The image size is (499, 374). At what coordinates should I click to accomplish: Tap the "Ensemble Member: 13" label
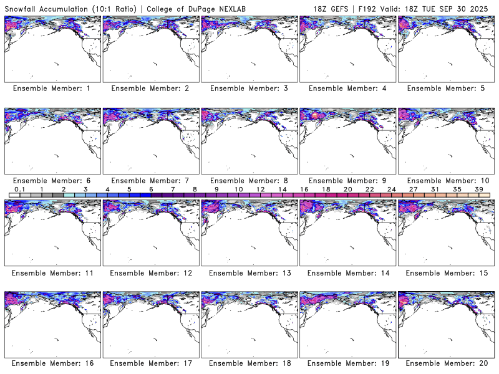(248, 272)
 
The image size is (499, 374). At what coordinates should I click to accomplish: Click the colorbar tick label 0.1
(19, 189)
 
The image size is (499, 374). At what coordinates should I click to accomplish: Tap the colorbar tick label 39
(478, 189)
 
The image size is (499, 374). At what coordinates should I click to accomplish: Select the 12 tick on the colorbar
(260, 189)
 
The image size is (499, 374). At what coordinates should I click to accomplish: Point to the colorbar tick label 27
(413, 189)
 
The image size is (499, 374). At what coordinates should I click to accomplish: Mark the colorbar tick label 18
(326, 189)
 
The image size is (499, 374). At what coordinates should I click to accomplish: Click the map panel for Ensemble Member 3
(248, 48)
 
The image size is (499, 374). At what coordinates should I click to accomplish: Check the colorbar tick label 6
(150, 189)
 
